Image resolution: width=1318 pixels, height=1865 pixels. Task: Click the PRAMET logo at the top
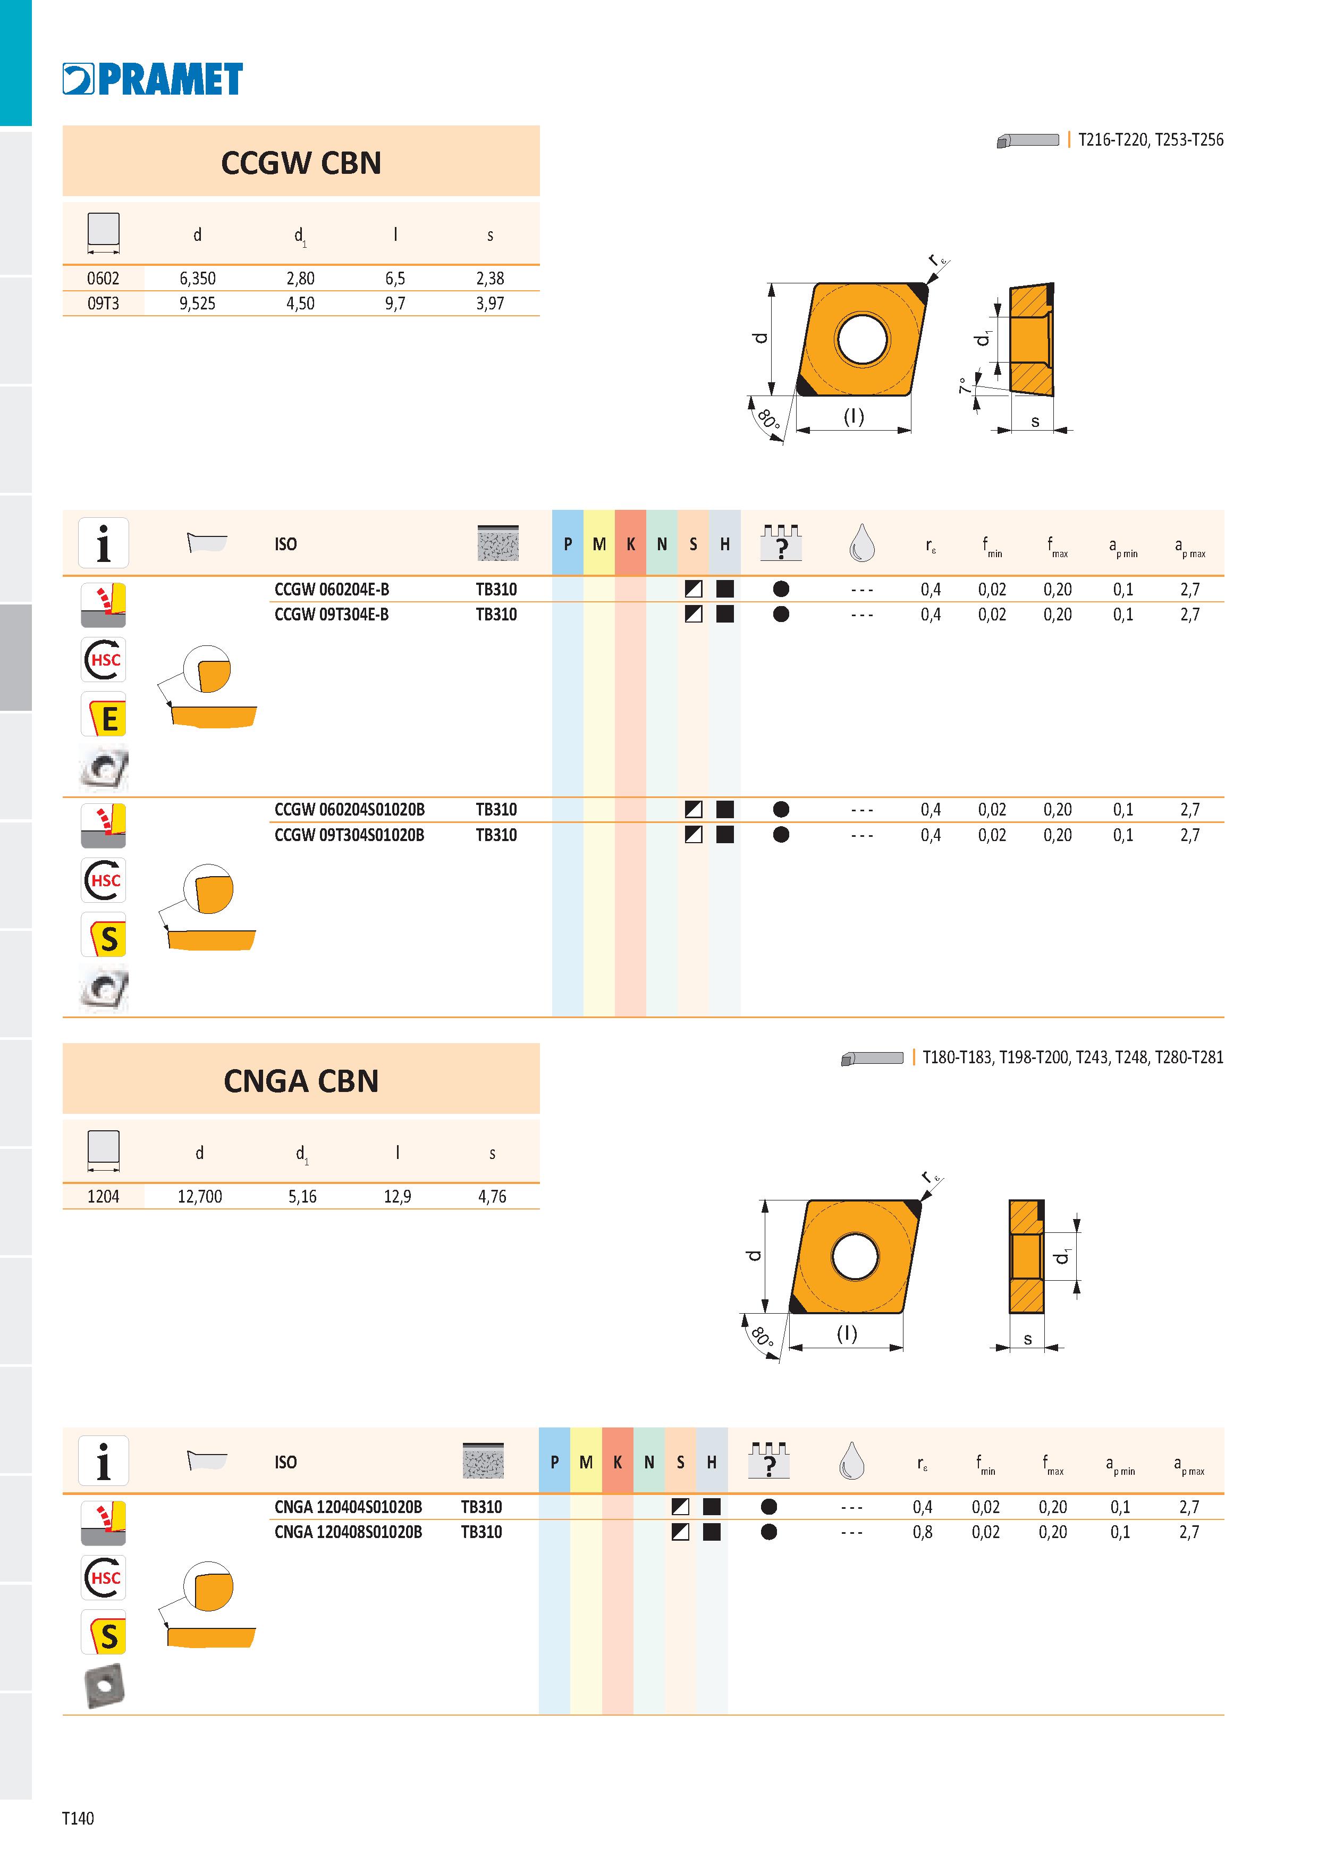pyautogui.click(x=153, y=79)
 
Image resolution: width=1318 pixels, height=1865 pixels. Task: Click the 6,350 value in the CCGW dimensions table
pyautogui.click(x=197, y=279)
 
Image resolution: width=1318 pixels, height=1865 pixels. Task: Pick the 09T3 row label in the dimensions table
pyautogui.click(x=103, y=304)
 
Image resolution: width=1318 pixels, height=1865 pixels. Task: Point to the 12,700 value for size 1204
pyautogui.click(x=200, y=1197)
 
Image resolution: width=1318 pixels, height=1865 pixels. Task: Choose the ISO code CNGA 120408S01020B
pyautogui.click(x=349, y=1532)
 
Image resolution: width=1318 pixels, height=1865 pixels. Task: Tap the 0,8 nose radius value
pyautogui.click(x=923, y=1532)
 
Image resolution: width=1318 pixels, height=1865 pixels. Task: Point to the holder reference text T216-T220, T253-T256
pyautogui.click(x=1151, y=140)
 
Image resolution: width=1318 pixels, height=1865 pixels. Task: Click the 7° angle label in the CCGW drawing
pyautogui.click(x=965, y=386)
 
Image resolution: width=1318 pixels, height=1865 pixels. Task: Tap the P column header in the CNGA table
pyautogui.click(x=555, y=1462)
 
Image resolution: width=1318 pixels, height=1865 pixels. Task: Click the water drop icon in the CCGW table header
pyautogui.click(x=861, y=543)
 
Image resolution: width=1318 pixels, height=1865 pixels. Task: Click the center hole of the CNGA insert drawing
pyautogui.click(x=855, y=1256)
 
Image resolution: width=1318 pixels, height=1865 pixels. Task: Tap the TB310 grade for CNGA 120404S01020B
pyautogui.click(x=481, y=1507)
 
